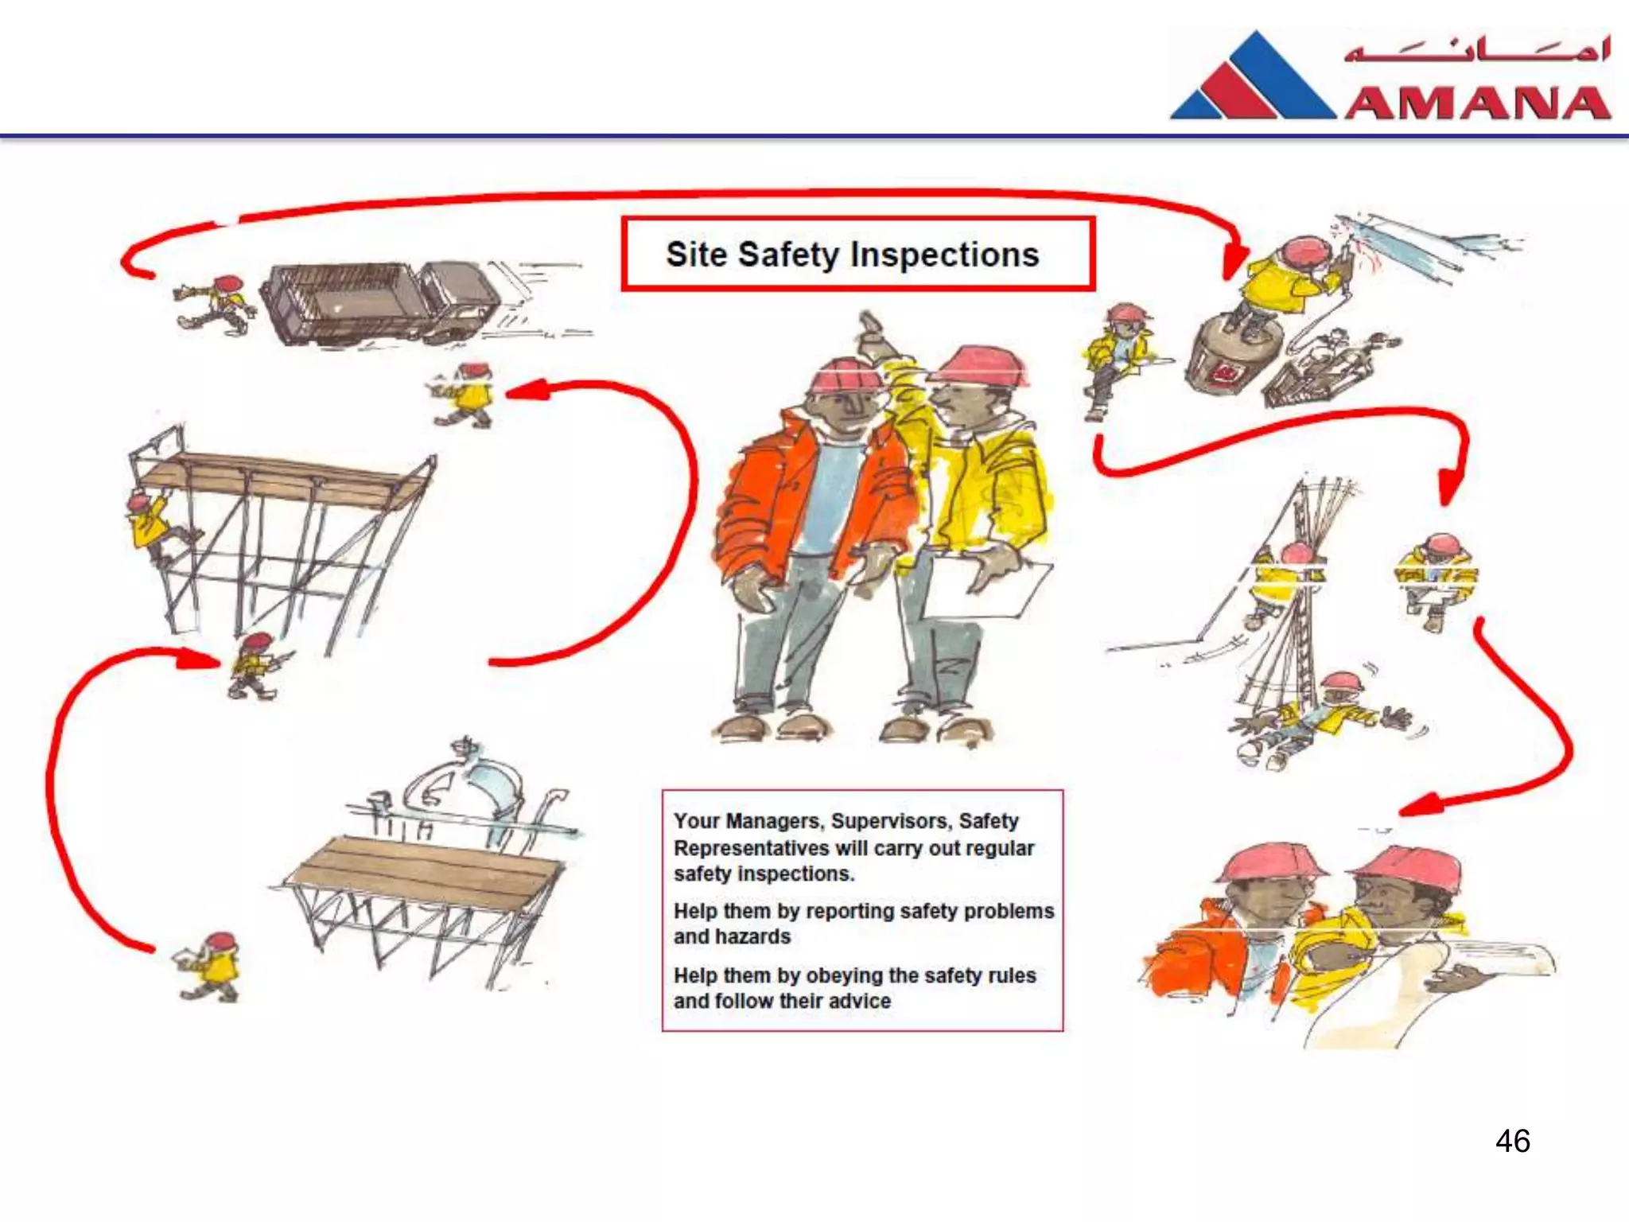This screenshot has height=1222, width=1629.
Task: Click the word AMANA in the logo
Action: pos(1478,104)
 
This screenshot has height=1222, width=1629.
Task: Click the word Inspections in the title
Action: pos(944,255)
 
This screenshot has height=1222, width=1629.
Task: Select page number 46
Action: pos(1512,1141)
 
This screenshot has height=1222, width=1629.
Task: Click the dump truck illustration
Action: pos(382,302)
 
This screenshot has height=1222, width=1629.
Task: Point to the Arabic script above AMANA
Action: pos(1478,49)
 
